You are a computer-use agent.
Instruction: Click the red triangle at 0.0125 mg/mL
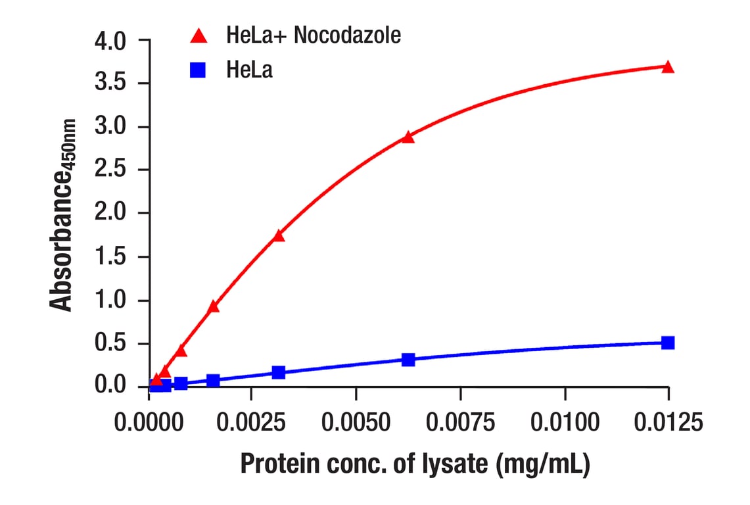(668, 67)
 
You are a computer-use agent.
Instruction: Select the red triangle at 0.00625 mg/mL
(408, 137)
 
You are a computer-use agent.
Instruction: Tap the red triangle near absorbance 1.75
(279, 235)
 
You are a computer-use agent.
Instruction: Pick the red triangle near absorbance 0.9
(213, 306)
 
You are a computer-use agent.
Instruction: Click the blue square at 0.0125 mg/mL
(668, 343)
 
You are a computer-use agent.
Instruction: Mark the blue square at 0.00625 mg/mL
(408, 360)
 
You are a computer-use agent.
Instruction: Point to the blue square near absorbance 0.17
(279, 373)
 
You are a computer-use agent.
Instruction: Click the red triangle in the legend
(198, 37)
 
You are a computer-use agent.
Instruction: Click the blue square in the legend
(198, 70)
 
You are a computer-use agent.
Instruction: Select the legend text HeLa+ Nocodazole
(313, 36)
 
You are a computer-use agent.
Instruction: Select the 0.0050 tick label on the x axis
(356, 422)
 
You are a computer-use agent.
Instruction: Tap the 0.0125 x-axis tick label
(668, 422)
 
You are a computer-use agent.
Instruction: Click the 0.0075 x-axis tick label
(460, 422)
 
